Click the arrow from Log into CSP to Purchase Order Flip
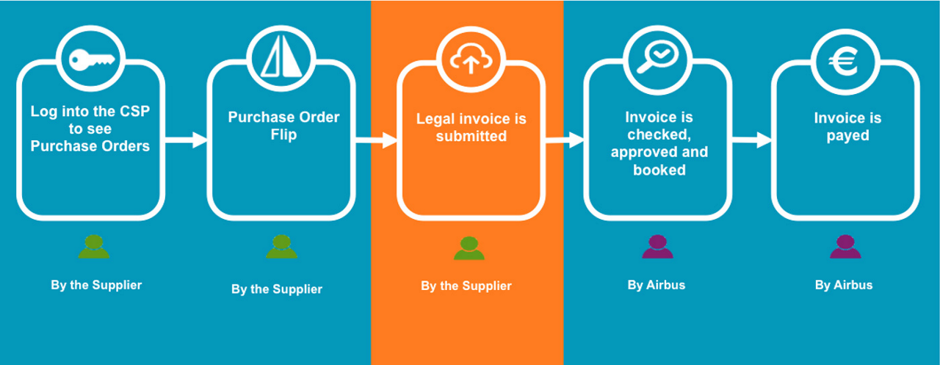187,140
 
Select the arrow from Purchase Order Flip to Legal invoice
376,140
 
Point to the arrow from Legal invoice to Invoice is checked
564,140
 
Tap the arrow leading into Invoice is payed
752,140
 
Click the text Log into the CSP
90,112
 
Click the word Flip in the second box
283,135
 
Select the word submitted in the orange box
471,137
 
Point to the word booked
659,170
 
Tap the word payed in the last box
847,136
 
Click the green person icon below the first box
93,247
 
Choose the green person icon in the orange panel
469,248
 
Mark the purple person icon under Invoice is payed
845,247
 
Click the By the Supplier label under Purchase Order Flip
276,289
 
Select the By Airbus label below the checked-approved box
656,285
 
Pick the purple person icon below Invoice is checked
657,247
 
